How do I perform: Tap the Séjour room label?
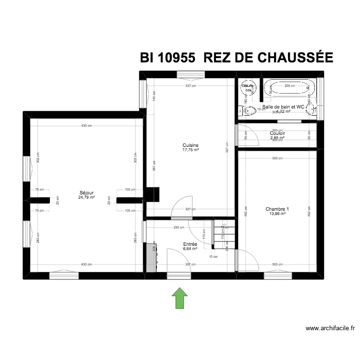pyautogui.click(x=87, y=192)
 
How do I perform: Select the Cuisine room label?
pyautogui.click(x=191, y=145)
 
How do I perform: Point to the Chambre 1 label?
pyautogui.click(x=277, y=209)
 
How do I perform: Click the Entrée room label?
pyautogui.click(x=190, y=244)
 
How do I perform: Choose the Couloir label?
pyautogui.click(x=277, y=133)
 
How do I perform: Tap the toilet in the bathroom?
pyautogui.click(x=247, y=111)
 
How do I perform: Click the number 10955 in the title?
pyautogui.click(x=175, y=58)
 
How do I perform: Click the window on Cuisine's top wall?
pyautogui.click(x=191, y=74)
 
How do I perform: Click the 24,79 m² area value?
pyautogui.click(x=87, y=197)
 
